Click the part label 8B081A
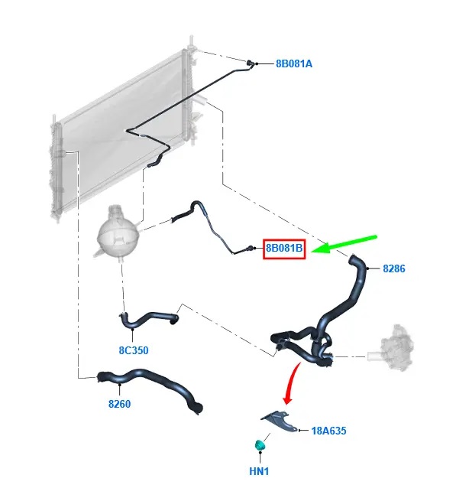(x=294, y=63)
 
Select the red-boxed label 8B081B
(x=284, y=249)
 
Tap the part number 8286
(x=394, y=268)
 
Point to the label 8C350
(x=134, y=350)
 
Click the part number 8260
(x=119, y=404)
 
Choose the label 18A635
(x=328, y=431)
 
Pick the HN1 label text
(x=259, y=471)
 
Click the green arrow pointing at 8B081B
(x=344, y=244)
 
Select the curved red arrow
(x=291, y=383)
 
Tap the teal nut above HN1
(x=259, y=445)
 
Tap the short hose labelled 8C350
(x=148, y=320)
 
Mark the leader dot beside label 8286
(x=368, y=268)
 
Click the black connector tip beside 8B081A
(x=251, y=63)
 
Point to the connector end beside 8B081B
(x=249, y=249)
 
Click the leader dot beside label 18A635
(x=299, y=431)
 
